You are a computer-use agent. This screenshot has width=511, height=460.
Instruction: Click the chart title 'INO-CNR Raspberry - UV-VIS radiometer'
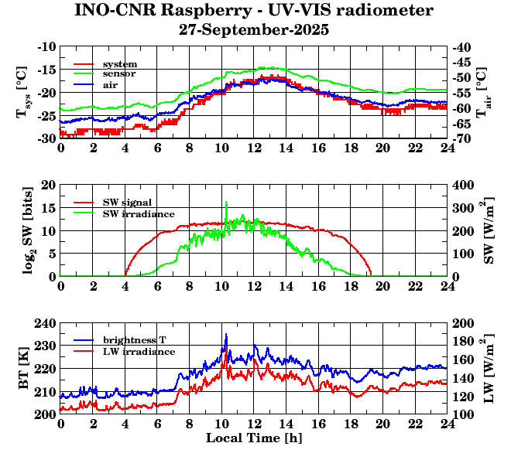(254, 11)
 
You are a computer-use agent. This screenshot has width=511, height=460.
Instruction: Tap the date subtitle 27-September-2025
(254, 30)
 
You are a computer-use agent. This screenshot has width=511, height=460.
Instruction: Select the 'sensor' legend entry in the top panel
(119, 74)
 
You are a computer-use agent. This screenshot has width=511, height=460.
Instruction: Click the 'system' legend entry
(119, 63)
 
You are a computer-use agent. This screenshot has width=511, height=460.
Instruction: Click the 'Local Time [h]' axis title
(254, 438)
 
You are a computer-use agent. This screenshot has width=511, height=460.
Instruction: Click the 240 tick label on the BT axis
(45, 323)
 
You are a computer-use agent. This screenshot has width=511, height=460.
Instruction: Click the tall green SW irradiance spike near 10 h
(226, 204)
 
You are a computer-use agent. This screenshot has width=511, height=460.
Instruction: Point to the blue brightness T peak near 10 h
(226, 335)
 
